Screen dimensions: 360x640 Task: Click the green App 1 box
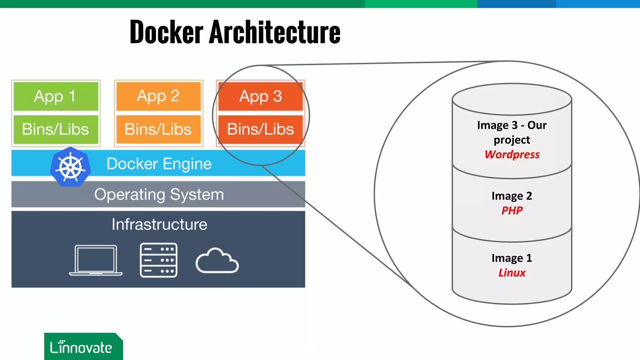(x=56, y=96)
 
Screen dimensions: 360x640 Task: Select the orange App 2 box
(x=158, y=96)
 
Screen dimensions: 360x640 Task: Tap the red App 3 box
(x=260, y=96)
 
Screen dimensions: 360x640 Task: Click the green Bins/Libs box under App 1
(x=56, y=129)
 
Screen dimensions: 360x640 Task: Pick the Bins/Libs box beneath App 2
(x=158, y=129)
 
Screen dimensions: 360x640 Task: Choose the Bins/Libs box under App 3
(x=260, y=129)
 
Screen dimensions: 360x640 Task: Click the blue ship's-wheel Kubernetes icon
(x=71, y=167)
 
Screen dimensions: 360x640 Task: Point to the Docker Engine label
(x=159, y=164)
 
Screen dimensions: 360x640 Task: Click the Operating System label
(x=159, y=194)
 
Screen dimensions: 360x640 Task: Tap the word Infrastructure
(x=159, y=224)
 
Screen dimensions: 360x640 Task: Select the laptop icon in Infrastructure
(x=96, y=260)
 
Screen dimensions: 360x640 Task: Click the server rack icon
(x=159, y=260)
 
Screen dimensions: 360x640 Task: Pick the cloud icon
(x=217, y=261)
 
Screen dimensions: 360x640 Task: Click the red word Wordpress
(x=512, y=154)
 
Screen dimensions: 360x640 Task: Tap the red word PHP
(x=512, y=210)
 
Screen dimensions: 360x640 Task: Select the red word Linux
(x=512, y=272)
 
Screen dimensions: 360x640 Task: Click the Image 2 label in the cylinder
(x=512, y=196)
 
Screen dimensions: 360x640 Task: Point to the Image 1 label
(x=512, y=258)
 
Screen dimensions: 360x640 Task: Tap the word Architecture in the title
(x=275, y=32)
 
